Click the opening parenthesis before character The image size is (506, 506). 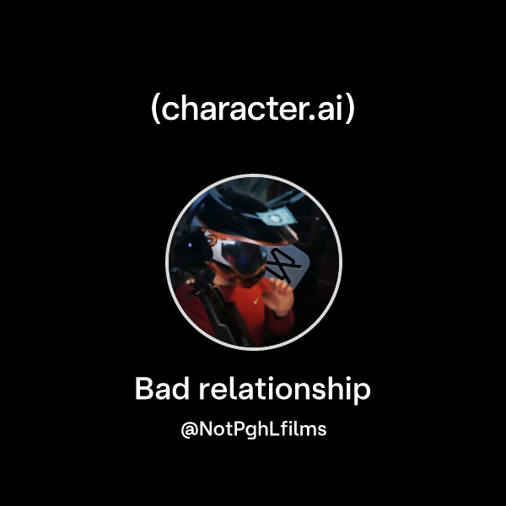point(154,110)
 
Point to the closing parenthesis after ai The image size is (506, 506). point(349,110)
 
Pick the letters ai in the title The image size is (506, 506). point(328,110)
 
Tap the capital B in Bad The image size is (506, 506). point(143,390)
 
